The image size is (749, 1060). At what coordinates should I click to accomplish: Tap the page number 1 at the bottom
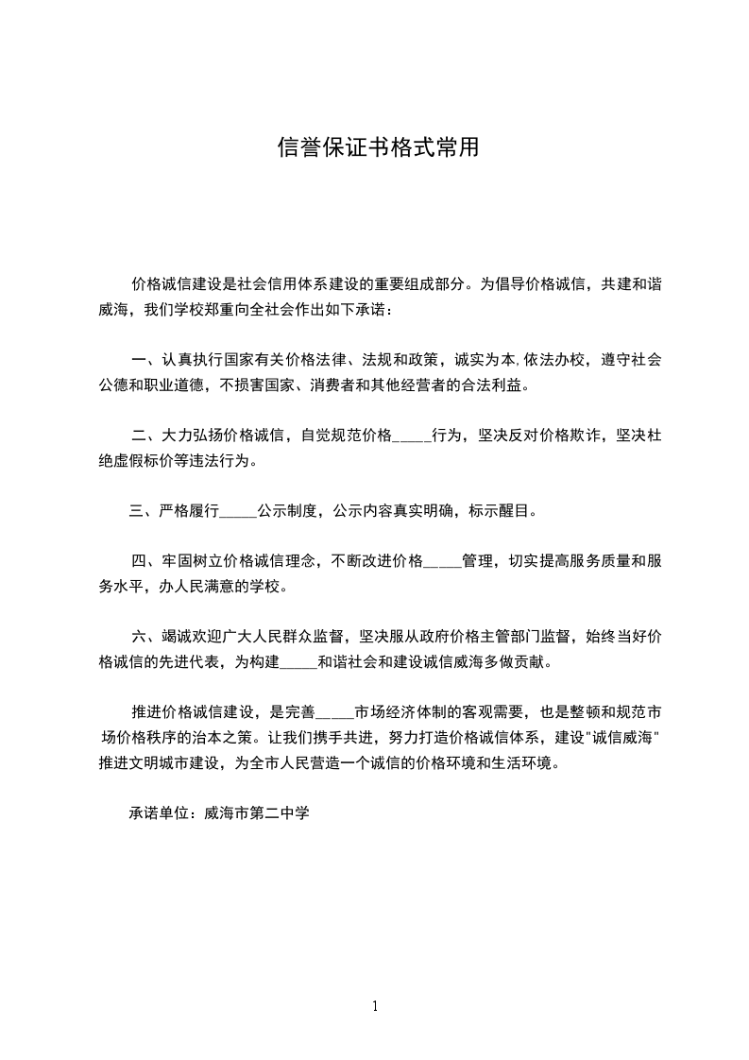375,1006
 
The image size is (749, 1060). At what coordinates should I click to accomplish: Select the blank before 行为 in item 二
411,436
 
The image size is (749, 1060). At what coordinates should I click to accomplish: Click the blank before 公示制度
237,512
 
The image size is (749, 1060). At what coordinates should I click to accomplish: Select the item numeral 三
136,512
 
